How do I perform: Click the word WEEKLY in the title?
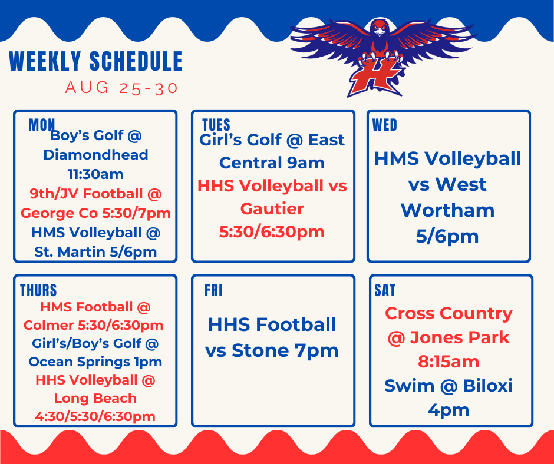(x=45, y=61)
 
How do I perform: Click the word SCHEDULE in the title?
(x=136, y=61)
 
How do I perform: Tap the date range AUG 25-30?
(x=121, y=88)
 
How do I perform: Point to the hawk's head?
(x=379, y=28)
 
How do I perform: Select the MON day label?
(x=42, y=125)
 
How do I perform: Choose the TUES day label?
(x=216, y=125)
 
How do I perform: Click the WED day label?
(x=385, y=125)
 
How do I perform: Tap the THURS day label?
(x=38, y=290)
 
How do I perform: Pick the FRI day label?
(x=213, y=290)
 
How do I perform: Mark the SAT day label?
(x=385, y=290)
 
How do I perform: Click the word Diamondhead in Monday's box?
(x=95, y=155)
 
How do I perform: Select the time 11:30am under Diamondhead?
(x=95, y=174)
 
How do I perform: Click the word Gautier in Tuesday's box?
(x=272, y=208)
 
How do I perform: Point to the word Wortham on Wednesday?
(x=447, y=210)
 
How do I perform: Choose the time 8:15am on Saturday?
(x=449, y=362)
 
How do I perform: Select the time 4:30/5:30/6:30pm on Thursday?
(x=95, y=416)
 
